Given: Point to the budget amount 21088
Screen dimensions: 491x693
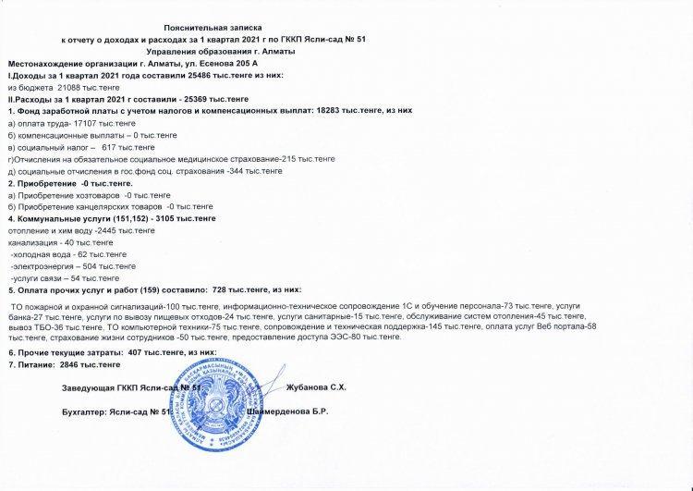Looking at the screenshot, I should click(x=69, y=86).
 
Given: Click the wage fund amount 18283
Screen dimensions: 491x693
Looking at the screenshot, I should click(x=325, y=110).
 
